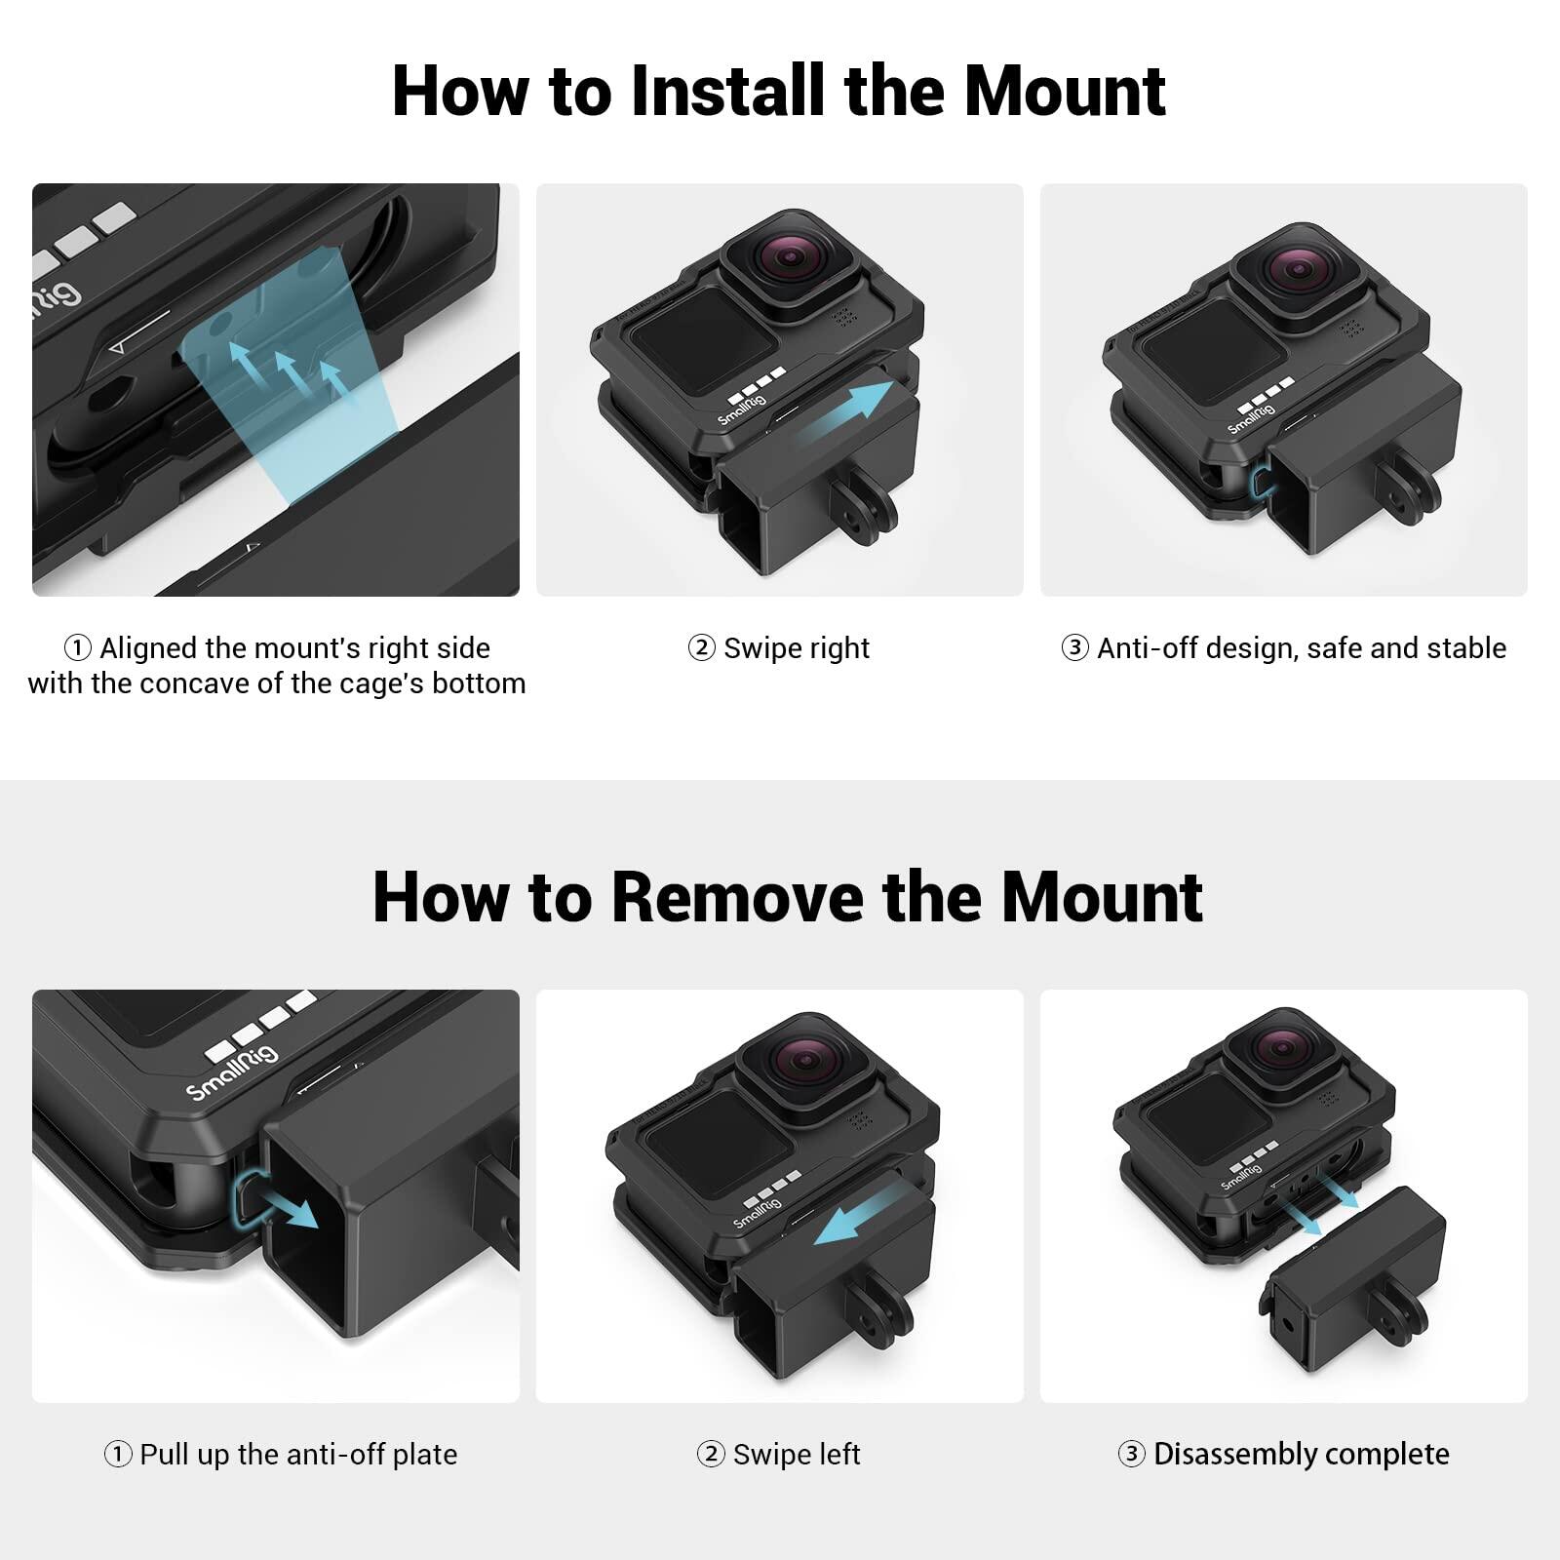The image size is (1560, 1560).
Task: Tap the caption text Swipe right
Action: pyautogui.click(x=796, y=648)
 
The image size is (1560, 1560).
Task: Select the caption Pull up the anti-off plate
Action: pyautogui.click(x=297, y=1455)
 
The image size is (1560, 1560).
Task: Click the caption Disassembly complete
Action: pyautogui.click(x=1301, y=1455)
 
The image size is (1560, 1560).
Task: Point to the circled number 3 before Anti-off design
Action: pyautogui.click(x=1074, y=648)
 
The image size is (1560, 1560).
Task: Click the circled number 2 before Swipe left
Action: pyautogui.click(x=711, y=1455)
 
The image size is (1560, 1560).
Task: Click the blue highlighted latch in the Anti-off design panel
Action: pyautogui.click(x=1262, y=480)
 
